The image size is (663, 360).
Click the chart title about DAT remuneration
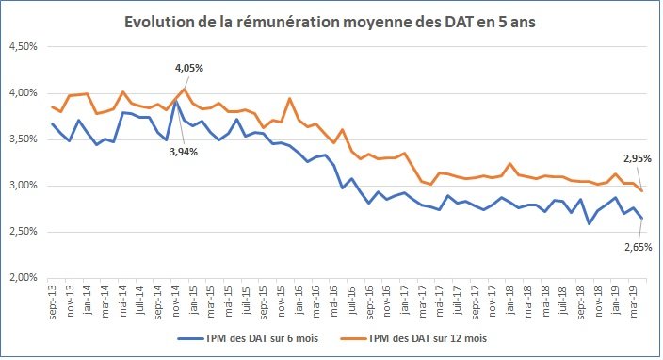pos(332,20)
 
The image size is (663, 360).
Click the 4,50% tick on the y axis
pos(24,47)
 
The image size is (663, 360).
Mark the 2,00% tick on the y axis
pos(24,278)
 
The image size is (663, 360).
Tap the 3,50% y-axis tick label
pos(24,139)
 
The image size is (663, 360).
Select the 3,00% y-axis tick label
pos(24,186)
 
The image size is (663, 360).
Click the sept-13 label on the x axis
pos(52,299)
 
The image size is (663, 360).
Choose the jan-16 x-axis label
pos(297,299)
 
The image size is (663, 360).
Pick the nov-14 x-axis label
pos(174,299)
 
